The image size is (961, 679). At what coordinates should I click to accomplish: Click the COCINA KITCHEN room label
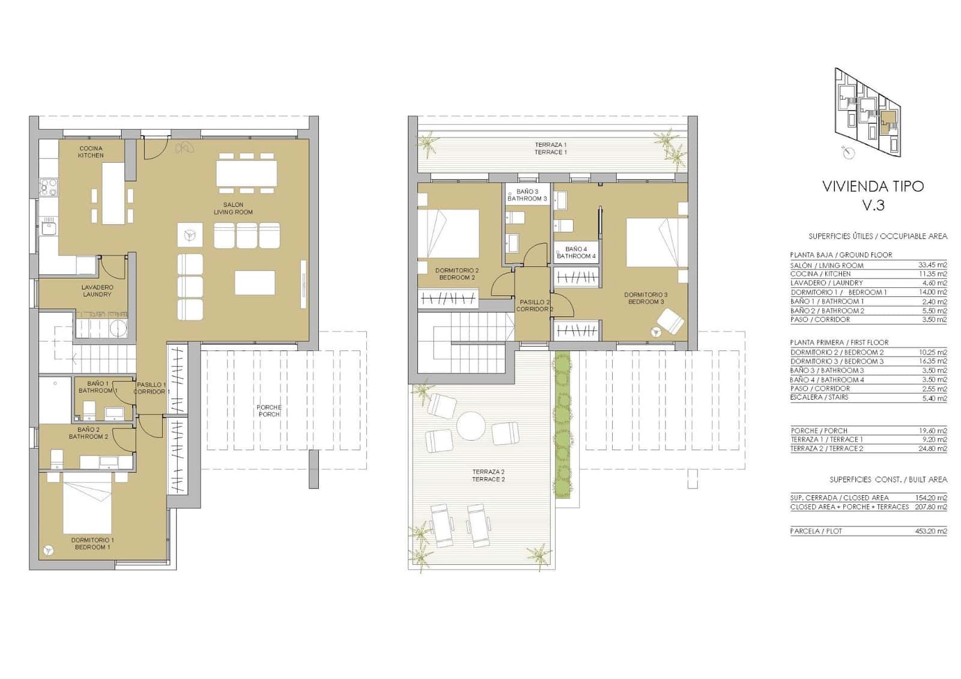click(x=91, y=152)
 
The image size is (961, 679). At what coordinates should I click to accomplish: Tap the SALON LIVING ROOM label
click(x=233, y=209)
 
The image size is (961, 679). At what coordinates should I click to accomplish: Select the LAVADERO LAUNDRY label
click(x=97, y=291)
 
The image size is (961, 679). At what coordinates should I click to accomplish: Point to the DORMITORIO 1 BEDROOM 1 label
click(x=92, y=544)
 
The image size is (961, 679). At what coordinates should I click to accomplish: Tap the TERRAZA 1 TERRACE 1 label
click(x=550, y=148)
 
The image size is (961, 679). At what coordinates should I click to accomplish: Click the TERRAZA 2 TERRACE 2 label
click(x=488, y=475)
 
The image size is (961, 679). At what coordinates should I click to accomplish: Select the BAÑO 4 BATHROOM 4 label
click(x=576, y=252)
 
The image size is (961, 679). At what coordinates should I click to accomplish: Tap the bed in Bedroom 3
click(x=656, y=242)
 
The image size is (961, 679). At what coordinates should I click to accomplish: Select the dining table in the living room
click(x=246, y=173)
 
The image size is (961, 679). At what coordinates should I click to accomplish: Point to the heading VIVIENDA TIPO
click(x=873, y=186)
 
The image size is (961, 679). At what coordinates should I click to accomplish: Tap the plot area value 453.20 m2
click(x=933, y=531)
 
